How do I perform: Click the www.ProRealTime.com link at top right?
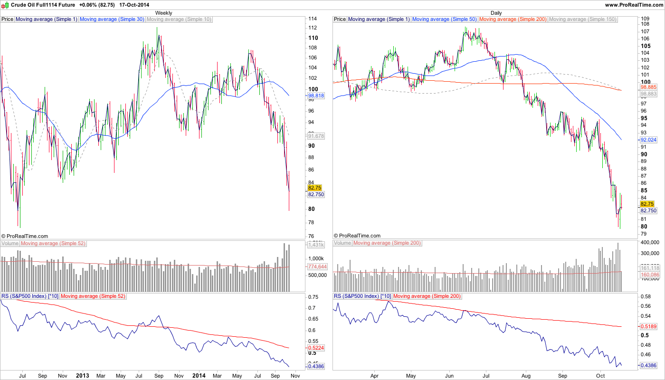pos(634,4)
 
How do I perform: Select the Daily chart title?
pos(496,13)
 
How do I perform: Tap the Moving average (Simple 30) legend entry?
pos(112,19)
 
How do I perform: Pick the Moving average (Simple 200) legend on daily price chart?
pos(513,19)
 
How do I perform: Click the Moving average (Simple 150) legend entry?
pos(582,19)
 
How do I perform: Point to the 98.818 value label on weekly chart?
pos(316,95)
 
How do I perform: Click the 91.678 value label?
pos(316,136)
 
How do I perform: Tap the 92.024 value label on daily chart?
pos(648,140)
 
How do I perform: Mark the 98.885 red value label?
pos(648,88)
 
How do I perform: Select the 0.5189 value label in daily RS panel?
pos(648,327)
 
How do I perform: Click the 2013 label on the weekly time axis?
pos(83,375)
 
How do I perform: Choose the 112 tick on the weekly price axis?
pos(313,28)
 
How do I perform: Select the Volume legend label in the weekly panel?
pos(9,243)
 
